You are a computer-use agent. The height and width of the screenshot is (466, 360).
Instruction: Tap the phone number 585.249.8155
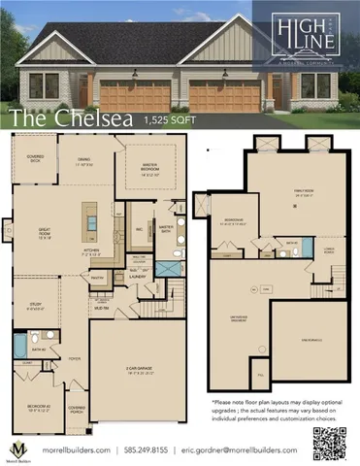pos(148,450)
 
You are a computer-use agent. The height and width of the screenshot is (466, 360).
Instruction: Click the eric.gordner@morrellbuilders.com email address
pos(245,450)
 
